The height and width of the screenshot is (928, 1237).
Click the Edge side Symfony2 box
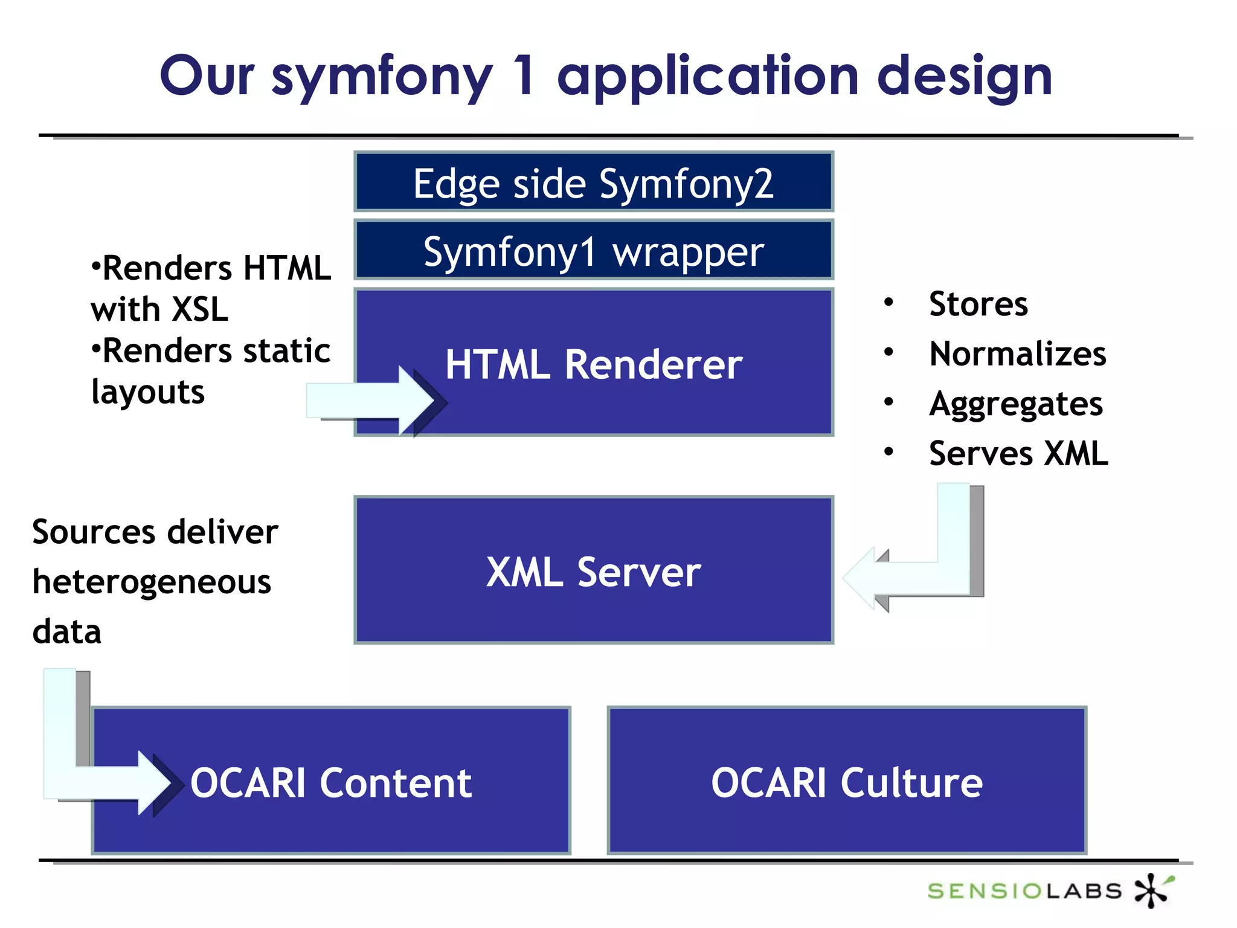pos(593,182)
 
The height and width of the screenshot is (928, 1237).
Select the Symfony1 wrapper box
pos(593,251)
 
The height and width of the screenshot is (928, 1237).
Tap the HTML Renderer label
pos(593,364)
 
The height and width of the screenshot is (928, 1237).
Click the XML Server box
pos(593,571)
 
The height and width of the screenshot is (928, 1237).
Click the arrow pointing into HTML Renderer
pos(374,401)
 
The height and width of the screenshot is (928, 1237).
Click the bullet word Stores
pos(978,304)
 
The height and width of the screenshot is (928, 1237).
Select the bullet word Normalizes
pos(1017,354)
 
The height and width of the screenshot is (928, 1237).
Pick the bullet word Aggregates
pos(1016,404)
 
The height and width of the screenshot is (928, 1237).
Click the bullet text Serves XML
pos(1018,454)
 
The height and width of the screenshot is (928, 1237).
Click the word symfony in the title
pos(382,77)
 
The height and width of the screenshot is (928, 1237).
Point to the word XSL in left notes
pos(200,309)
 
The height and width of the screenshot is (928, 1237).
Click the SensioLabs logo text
pos(1024,891)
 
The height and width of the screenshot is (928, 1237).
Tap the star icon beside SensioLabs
pos(1152,889)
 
